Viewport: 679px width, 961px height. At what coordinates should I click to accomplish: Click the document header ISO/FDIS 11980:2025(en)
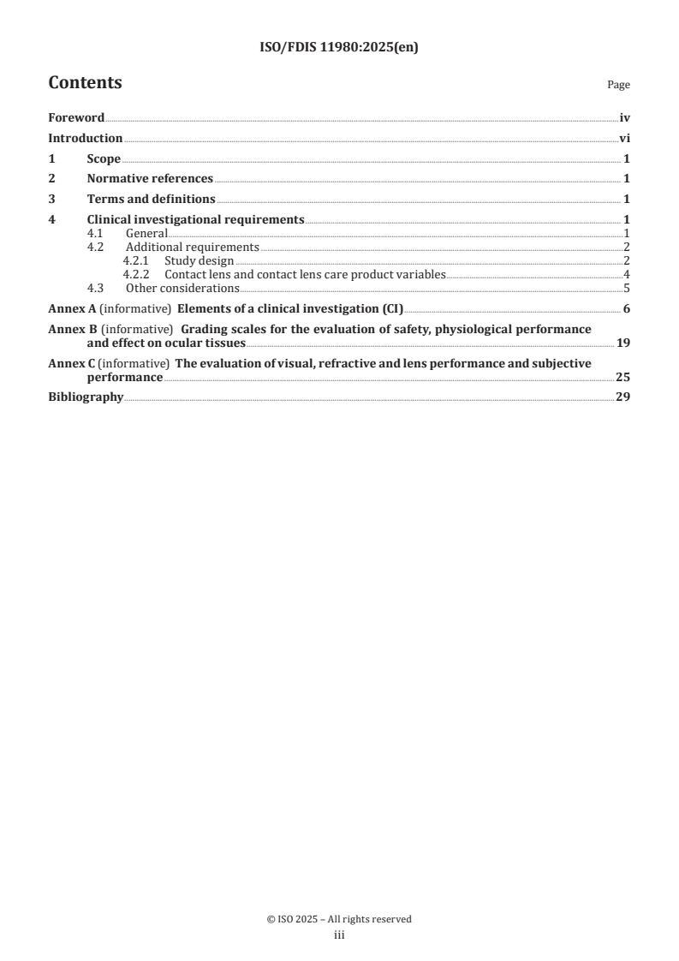(x=339, y=48)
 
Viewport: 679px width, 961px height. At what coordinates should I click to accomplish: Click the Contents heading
(x=85, y=83)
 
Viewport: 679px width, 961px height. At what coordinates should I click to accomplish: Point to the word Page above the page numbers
(x=618, y=85)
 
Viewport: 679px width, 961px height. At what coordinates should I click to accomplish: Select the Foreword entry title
(x=76, y=118)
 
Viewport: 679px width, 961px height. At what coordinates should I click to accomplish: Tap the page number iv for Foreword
(x=625, y=118)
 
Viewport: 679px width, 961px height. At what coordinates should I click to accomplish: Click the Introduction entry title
(x=85, y=138)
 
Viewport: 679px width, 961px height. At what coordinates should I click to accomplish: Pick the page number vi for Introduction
(x=625, y=138)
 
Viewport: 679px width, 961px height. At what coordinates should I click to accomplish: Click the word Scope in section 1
(x=104, y=158)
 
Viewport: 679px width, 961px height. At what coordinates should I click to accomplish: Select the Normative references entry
(x=150, y=179)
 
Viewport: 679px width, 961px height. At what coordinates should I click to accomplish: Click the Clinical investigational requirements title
(x=195, y=219)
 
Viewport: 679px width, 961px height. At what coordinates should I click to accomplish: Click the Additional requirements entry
(x=193, y=247)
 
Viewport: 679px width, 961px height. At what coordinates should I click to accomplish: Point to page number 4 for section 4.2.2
(x=627, y=274)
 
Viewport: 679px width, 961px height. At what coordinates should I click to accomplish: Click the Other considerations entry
(x=182, y=288)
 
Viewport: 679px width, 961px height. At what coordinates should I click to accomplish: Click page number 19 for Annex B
(x=623, y=343)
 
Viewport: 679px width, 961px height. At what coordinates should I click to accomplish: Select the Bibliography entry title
(x=86, y=397)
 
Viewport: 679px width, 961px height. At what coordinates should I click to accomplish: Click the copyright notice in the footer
(x=339, y=919)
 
